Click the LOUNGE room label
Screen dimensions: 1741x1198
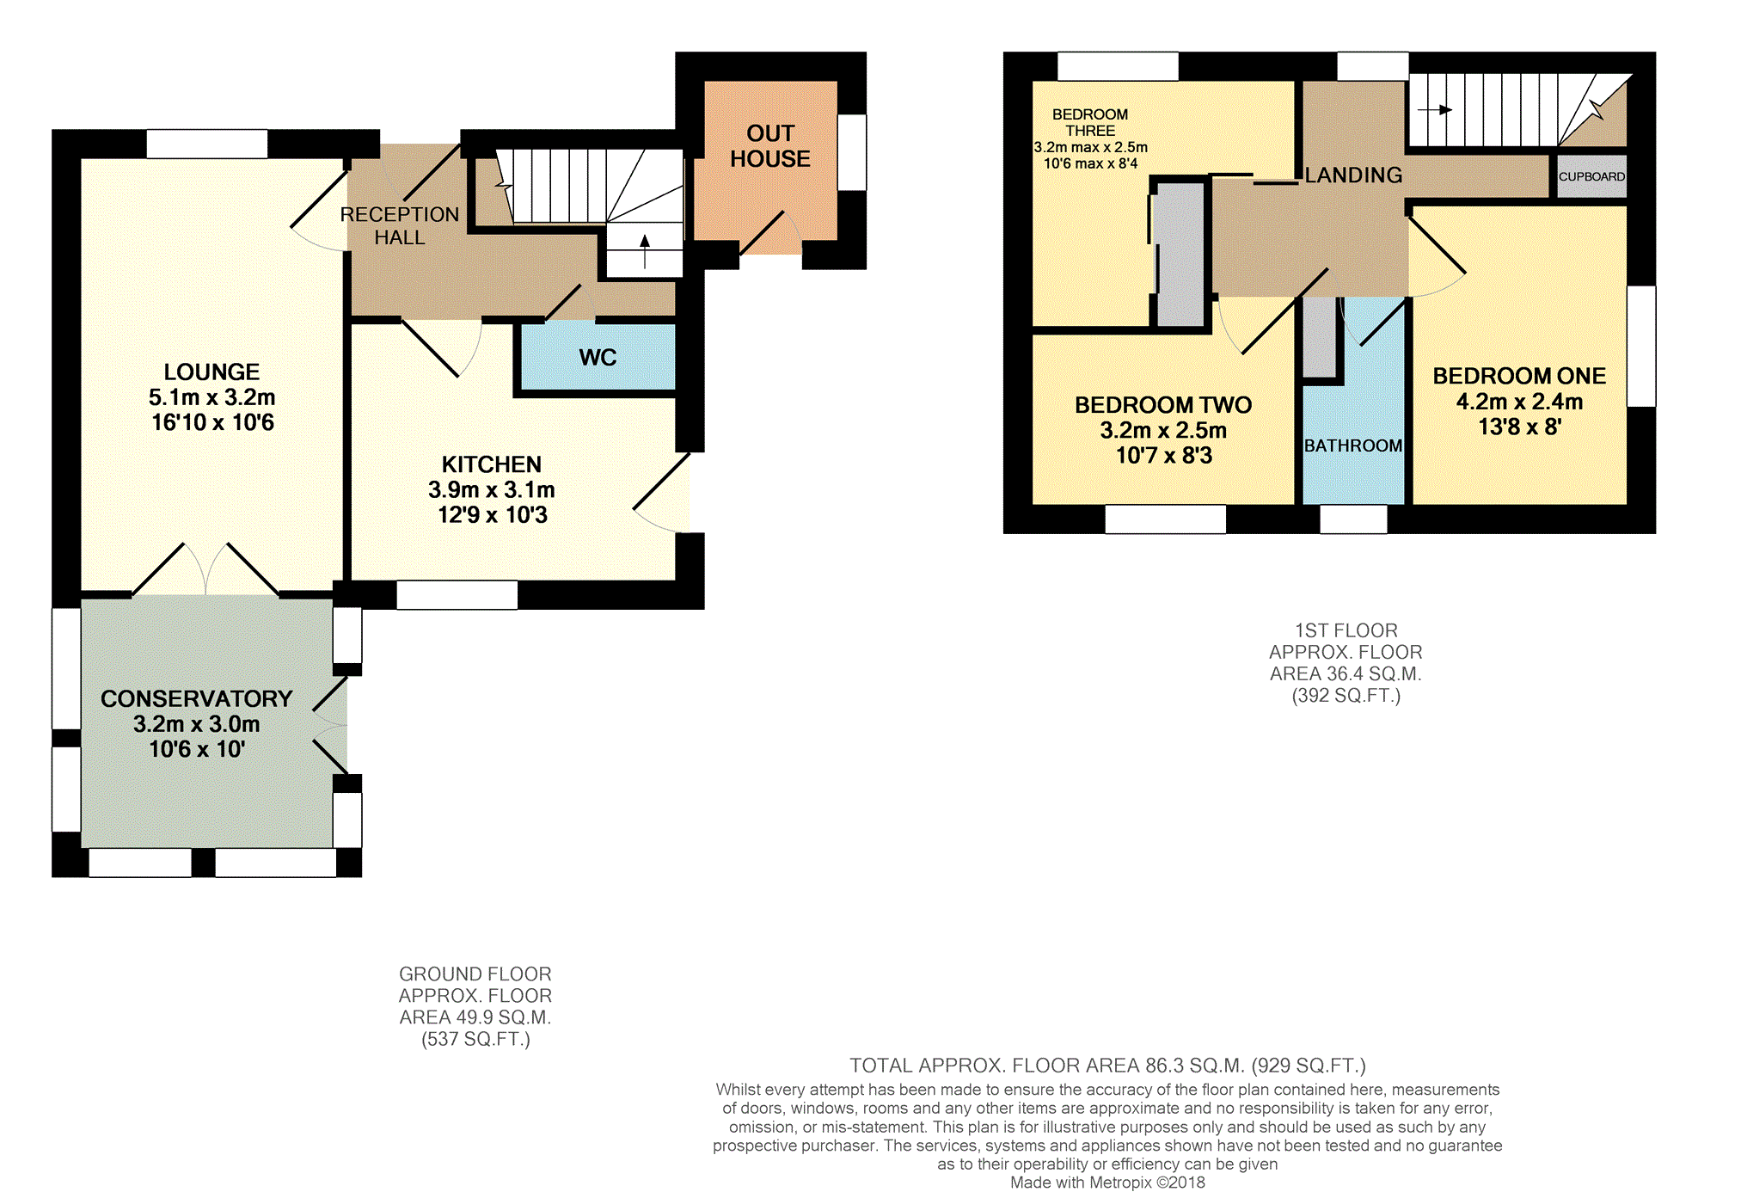pyautogui.click(x=211, y=372)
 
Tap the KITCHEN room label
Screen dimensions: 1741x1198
pyautogui.click(x=491, y=464)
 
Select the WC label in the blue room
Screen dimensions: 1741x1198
pyautogui.click(x=598, y=358)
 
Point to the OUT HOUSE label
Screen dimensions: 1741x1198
pyautogui.click(x=770, y=146)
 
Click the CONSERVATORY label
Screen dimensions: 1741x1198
pyautogui.click(x=197, y=698)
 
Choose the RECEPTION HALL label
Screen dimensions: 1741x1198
pyautogui.click(x=400, y=225)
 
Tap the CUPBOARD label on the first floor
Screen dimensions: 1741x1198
pyautogui.click(x=1591, y=176)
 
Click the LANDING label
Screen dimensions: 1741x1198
pyautogui.click(x=1353, y=175)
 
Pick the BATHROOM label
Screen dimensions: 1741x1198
pyautogui.click(x=1353, y=445)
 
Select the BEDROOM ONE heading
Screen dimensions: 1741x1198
pyautogui.click(x=1519, y=376)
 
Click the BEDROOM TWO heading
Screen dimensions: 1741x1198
pyautogui.click(x=1163, y=405)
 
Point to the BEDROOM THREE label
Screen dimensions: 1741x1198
pyautogui.click(x=1090, y=122)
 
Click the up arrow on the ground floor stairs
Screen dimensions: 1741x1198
pyautogui.click(x=645, y=250)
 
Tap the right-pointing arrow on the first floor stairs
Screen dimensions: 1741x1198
pyautogui.click(x=1435, y=110)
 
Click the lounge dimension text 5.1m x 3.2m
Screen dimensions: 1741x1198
pyautogui.click(x=211, y=397)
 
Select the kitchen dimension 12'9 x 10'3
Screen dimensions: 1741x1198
pyautogui.click(x=493, y=515)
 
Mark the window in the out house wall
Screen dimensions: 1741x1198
pyautogui.click(x=852, y=152)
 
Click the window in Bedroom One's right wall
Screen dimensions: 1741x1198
pyautogui.click(x=1641, y=346)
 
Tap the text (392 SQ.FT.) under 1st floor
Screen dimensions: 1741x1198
pyautogui.click(x=1346, y=696)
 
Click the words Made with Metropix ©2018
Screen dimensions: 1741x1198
pyautogui.click(x=1107, y=1183)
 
